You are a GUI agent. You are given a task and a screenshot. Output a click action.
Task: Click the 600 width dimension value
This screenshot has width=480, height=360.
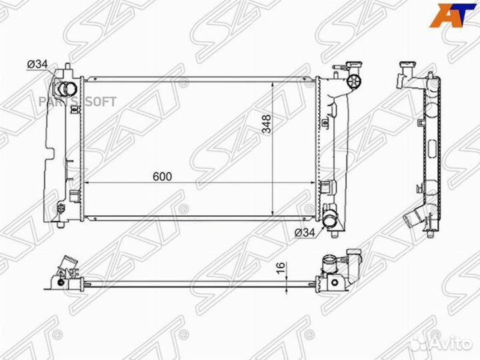[x=162, y=177]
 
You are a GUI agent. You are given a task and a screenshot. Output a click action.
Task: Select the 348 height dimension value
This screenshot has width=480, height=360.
[x=267, y=124]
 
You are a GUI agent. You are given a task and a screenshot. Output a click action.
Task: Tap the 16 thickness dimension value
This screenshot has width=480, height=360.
[x=281, y=267]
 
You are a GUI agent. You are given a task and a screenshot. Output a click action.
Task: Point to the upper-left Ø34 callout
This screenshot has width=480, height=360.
[x=37, y=65]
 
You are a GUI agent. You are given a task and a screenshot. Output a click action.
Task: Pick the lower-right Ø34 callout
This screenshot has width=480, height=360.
[x=305, y=233]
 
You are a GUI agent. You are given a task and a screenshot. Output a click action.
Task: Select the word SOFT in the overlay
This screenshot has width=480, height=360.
[x=101, y=101]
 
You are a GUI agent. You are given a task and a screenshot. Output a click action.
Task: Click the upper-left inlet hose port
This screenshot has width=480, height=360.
[x=66, y=89]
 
